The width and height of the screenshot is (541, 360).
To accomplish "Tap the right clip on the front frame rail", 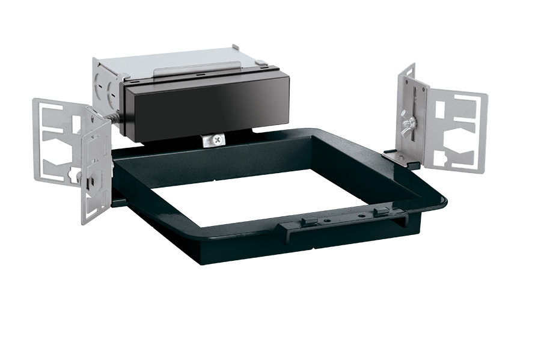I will point(380,211).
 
